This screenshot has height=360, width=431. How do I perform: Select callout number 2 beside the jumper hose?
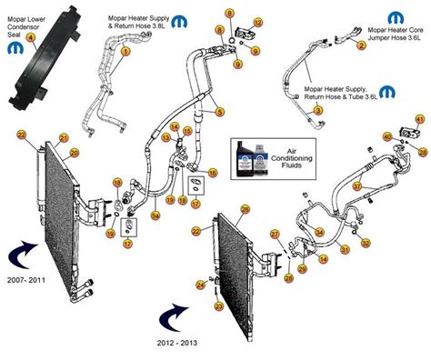(362, 45)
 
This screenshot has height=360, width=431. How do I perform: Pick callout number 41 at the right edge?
(419, 120)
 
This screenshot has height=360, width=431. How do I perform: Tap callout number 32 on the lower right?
(365, 244)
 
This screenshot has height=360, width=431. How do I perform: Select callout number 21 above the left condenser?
(64, 138)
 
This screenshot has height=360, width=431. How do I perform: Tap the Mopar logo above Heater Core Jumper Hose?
(396, 17)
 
